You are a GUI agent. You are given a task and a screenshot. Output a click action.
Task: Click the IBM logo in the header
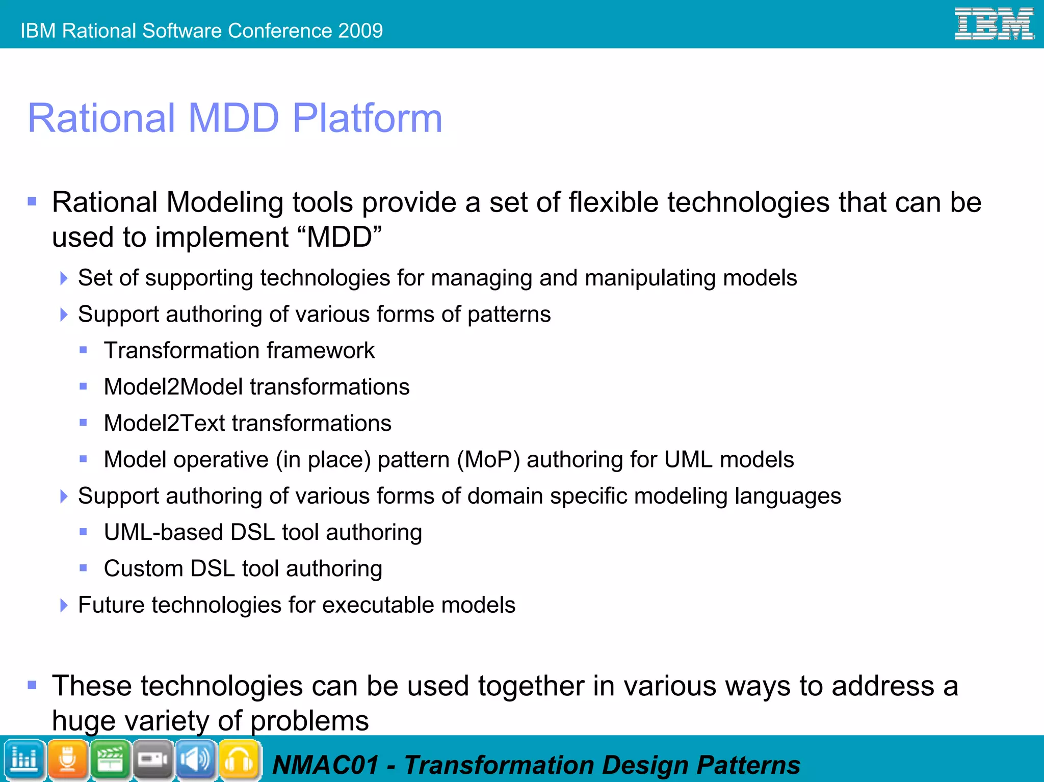994,24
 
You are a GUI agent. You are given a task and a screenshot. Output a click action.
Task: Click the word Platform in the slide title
367,118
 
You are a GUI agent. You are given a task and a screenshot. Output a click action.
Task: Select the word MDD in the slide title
233,118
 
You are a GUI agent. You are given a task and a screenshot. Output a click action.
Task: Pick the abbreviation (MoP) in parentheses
488,459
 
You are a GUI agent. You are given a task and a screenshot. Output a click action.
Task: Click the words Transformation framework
239,351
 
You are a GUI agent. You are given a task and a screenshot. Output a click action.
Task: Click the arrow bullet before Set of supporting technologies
64,278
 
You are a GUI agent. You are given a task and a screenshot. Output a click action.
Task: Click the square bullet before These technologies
32,685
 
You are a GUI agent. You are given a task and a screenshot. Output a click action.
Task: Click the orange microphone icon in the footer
67,760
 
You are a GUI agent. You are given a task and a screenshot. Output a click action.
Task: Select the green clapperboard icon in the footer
110,760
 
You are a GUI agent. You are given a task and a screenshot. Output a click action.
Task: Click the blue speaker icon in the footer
196,760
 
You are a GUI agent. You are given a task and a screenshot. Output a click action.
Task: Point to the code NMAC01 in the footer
325,765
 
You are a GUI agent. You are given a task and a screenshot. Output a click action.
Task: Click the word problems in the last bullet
309,721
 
